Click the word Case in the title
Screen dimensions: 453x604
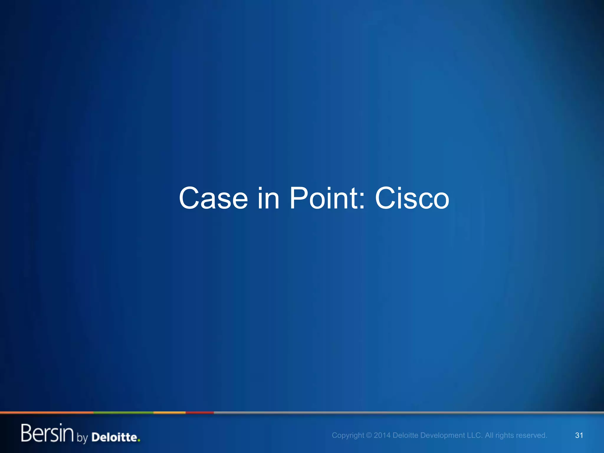click(x=213, y=198)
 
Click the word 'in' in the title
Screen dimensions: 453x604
click(x=268, y=198)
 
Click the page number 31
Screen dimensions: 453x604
click(x=579, y=435)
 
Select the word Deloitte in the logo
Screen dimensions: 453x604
click(x=114, y=437)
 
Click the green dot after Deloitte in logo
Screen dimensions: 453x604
click(x=139, y=441)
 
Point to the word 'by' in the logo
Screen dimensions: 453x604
click(x=82, y=438)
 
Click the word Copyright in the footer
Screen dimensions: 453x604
click(x=348, y=436)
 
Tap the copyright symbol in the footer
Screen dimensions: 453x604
click(x=369, y=435)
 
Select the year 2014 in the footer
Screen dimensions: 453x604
click(x=382, y=435)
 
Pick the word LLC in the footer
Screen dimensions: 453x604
click(x=473, y=435)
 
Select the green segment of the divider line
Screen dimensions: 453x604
click(x=123, y=413)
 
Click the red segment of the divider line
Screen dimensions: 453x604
click(x=200, y=413)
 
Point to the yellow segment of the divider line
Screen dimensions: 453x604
click(x=169, y=413)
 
